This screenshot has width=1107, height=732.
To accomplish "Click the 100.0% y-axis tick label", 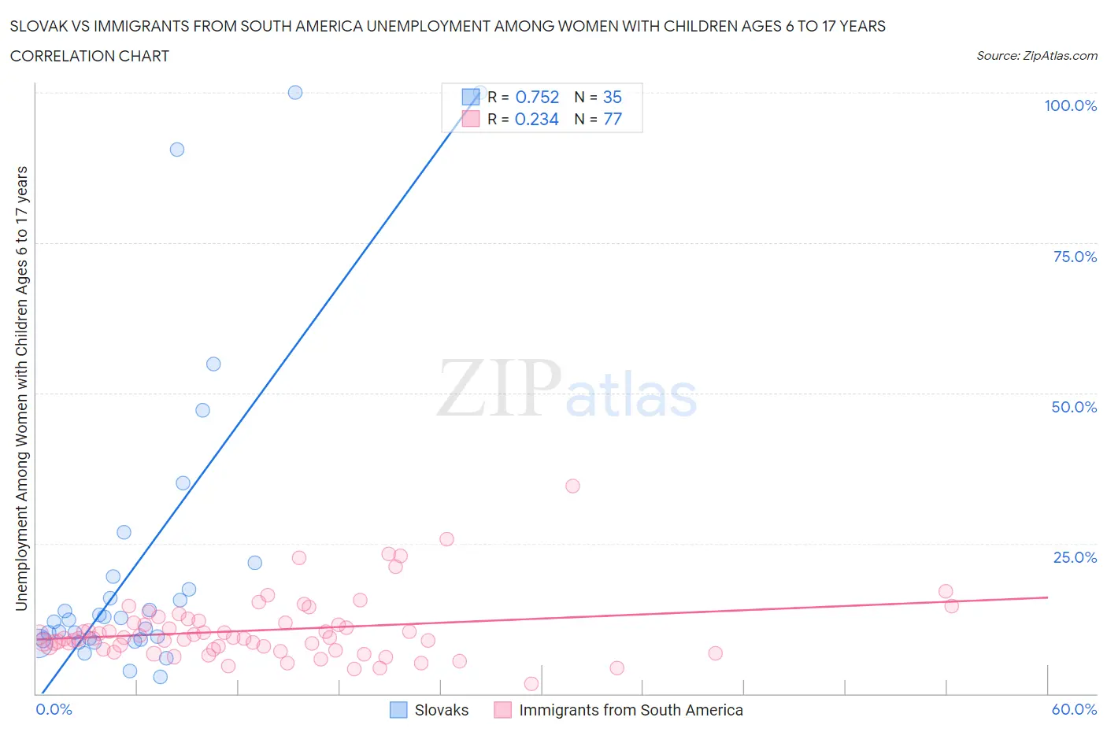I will (1070, 105).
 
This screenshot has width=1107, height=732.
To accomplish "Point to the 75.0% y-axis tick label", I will (1075, 257).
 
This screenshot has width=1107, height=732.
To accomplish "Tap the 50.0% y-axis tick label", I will (1074, 407).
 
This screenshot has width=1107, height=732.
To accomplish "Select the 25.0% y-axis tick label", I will (1075, 557).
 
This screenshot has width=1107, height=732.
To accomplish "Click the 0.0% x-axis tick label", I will (54, 709).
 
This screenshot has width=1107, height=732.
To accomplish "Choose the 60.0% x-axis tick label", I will (1074, 709).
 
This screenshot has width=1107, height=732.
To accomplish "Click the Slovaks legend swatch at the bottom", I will (399, 710).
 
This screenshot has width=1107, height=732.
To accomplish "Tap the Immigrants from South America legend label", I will (631, 710).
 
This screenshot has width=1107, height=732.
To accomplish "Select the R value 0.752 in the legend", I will (537, 97).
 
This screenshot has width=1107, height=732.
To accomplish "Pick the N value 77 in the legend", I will (613, 119).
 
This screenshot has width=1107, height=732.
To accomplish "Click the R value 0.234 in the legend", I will (537, 119).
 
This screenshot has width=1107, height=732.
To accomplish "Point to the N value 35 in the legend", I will (613, 97).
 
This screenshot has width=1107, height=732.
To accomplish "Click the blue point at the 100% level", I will (295, 92).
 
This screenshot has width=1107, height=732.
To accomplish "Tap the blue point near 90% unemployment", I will (177, 150).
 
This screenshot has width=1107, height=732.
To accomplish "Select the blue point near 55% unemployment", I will (213, 364).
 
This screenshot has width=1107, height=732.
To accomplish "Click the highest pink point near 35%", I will (572, 486).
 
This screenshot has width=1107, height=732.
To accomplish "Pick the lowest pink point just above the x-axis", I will (531, 684).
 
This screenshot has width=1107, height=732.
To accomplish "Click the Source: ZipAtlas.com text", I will (1036, 56).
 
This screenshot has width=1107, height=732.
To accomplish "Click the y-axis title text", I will (21, 388).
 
